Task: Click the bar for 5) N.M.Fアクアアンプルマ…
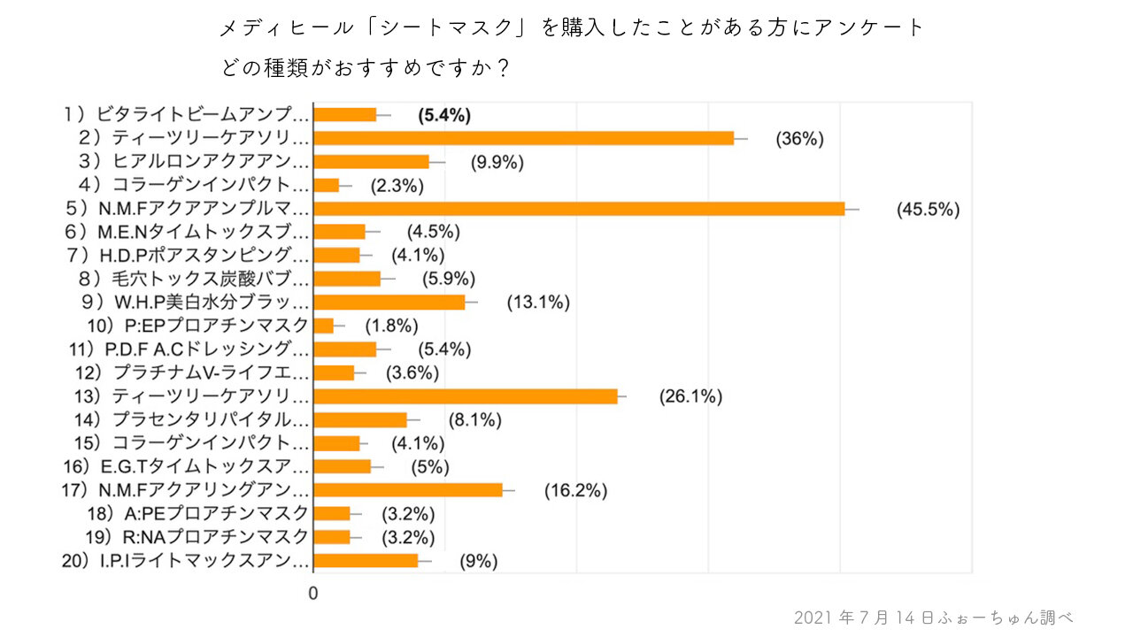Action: point(580,209)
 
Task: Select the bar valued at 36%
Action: point(524,138)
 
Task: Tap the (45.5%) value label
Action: point(928,210)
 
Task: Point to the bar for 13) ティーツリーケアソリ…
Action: point(466,396)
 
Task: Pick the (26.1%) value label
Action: point(690,397)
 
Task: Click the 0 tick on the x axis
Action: point(312,594)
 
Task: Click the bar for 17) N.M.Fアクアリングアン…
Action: point(408,490)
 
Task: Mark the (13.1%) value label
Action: point(538,303)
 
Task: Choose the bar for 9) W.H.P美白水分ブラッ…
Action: point(389,303)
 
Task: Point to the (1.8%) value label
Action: point(386,326)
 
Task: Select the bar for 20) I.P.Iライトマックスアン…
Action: point(366,560)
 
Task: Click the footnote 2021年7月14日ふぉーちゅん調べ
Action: point(934,617)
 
